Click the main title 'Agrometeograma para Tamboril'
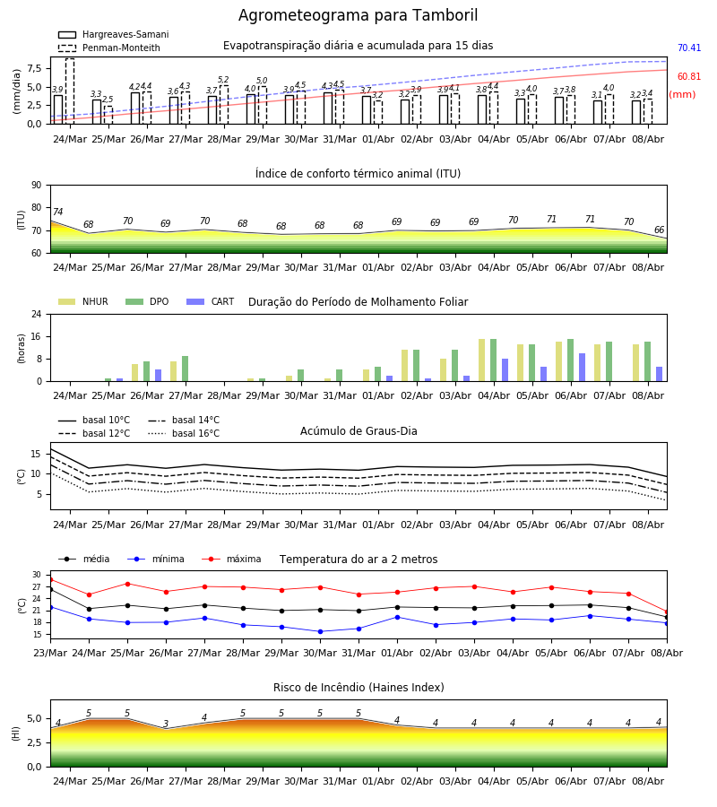[358, 15]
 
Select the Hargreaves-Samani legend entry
[113, 34]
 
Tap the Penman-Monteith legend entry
[109, 48]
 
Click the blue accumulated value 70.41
[689, 48]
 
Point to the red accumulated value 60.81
[689, 77]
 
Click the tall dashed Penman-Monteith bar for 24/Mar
[70, 91]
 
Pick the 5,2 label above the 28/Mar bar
[223, 80]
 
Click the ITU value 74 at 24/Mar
[58, 212]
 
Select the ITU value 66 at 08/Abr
[659, 230]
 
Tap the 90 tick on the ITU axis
[37, 186]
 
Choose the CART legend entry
[210, 301]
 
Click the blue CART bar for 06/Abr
[583, 368]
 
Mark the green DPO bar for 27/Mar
[186, 369]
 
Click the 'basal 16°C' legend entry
[184, 433]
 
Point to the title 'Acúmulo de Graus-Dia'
[358, 431]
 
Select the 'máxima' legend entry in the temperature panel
[231, 559]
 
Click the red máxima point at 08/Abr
[667, 612]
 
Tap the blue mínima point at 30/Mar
[321, 631]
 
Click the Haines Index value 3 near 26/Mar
[166, 724]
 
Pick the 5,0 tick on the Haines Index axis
[35, 719]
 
